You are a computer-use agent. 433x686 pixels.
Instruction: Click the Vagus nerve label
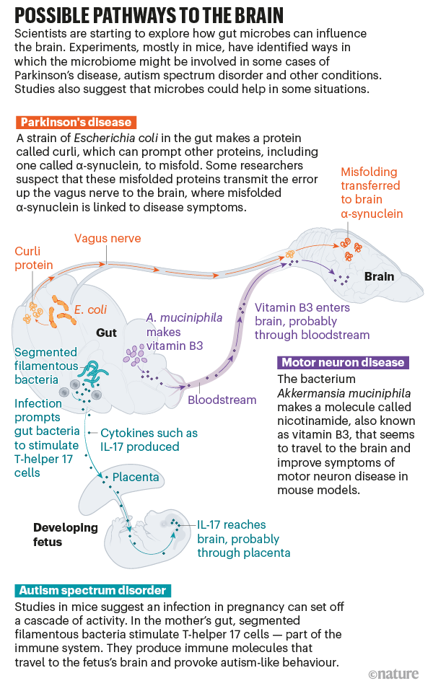(x=106, y=239)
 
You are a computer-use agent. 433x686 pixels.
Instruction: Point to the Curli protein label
(x=34, y=258)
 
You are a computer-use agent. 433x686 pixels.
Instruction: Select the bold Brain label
(x=379, y=276)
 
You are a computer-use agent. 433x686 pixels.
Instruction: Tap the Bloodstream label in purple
(x=222, y=400)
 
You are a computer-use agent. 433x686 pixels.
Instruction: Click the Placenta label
(x=136, y=478)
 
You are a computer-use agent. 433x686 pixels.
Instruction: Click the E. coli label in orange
(x=90, y=309)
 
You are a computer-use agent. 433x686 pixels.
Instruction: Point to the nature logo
(x=393, y=674)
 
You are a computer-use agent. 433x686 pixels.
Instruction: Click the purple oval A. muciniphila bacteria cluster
(x=135, y=356)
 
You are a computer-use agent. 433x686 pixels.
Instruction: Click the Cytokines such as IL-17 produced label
(x=149, y=440)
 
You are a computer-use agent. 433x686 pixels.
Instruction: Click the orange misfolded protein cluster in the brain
(x=352, y=250)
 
